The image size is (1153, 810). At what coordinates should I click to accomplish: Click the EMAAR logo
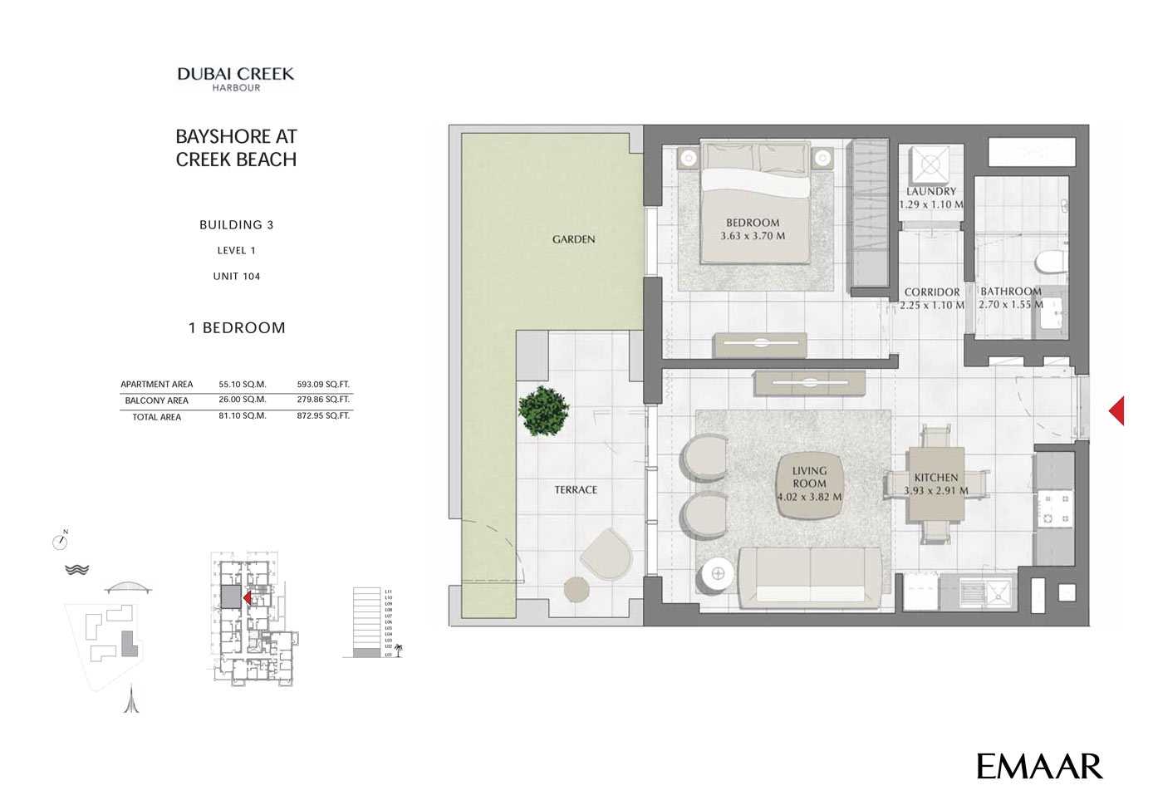click(1039, 766)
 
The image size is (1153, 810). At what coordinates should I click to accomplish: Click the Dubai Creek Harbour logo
click(236, 78)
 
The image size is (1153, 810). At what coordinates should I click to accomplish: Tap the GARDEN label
click(573, 239)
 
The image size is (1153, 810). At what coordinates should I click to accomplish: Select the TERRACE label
click(576, 490)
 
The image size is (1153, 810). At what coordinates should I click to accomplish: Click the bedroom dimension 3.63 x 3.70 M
click(753, 236)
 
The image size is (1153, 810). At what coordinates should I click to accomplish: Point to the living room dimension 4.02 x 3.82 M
click(809, 498)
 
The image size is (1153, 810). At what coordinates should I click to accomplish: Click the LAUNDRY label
click(931, 191)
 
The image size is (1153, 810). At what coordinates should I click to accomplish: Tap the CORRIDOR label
click(932, 292)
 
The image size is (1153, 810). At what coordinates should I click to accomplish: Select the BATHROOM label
click(1010, 292)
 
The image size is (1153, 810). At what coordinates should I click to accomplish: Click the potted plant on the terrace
click(544, 410)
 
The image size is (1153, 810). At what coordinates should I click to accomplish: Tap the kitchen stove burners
click(1053, 508)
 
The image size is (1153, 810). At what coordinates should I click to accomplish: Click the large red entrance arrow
click(1116, 410)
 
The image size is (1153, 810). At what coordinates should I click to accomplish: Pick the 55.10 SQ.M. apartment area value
click(243, 385)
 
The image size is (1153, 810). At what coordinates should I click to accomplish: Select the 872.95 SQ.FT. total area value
click(323, 415)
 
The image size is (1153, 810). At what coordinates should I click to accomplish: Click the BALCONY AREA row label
click(156, 400)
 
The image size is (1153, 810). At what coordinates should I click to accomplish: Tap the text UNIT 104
click(237, 277)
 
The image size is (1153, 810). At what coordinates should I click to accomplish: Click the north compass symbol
click(60, 541)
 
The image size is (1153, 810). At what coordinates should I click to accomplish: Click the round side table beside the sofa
click(718, 574)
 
